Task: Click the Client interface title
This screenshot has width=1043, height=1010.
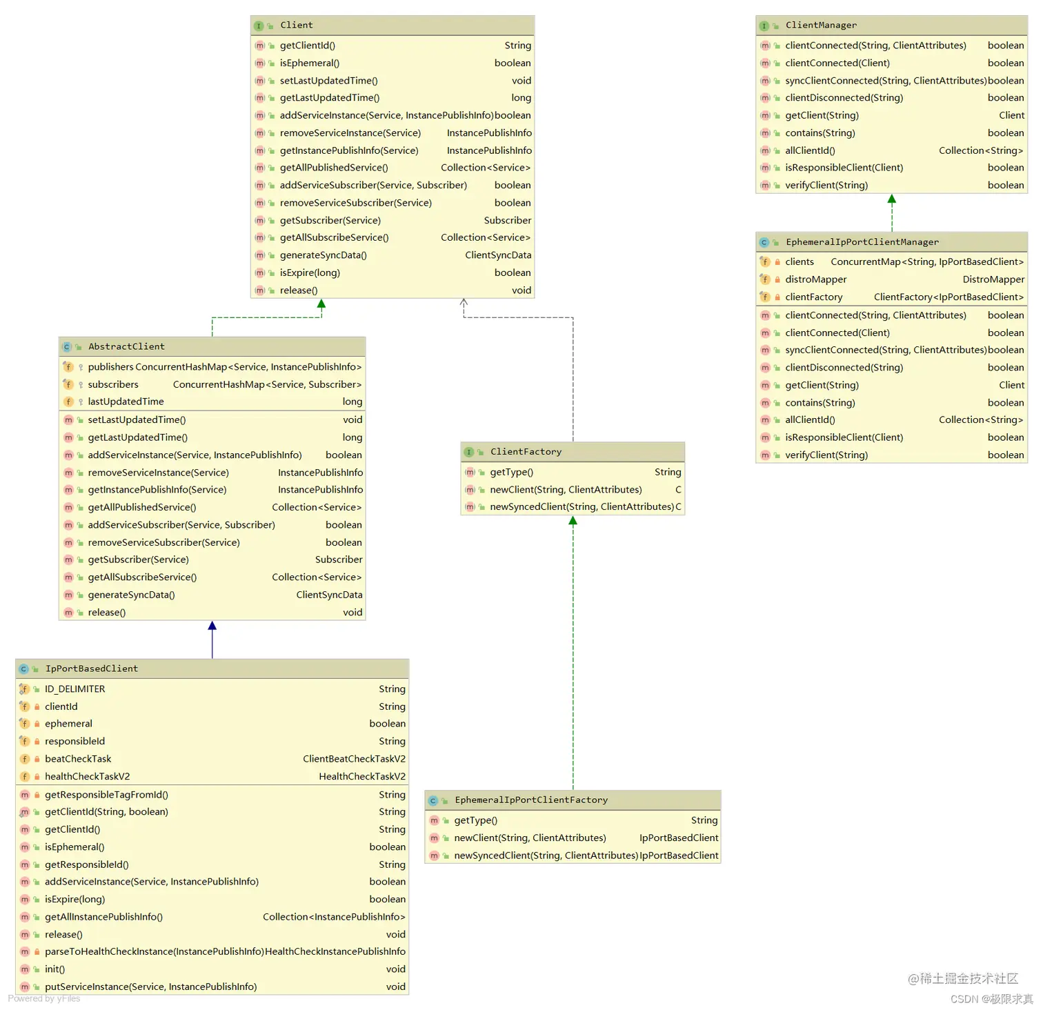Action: (x=297, y=26)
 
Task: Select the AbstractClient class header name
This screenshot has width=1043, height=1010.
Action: (x=126, y=346)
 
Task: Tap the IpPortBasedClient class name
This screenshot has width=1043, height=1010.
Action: (x=92, y=669)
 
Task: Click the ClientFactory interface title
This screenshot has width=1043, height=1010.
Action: (x=526, y=452)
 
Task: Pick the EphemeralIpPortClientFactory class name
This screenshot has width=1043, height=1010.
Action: (x=531, y=800)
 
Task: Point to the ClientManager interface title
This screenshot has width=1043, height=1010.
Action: (x=821, y=26)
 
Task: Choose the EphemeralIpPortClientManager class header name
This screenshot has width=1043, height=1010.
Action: (x=862, y=242)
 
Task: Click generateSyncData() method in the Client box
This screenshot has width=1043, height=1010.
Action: (x=324, y=255)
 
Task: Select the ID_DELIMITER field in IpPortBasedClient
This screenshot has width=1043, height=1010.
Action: (x=75, y=689)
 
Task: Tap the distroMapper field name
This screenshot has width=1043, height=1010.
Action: (x=816, y=279)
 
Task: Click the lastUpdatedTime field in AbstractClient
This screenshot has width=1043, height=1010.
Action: (x=126, y=402)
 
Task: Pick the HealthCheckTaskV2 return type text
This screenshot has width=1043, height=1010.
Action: (x=362, y=777)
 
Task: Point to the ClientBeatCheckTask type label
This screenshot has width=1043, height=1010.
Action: (x=354, y=759)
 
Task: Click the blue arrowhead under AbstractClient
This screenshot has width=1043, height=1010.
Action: (x=212, y=626)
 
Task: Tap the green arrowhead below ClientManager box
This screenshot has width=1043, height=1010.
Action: (x=892, y=199)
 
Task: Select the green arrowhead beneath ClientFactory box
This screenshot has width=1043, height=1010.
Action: (x=573, y=521)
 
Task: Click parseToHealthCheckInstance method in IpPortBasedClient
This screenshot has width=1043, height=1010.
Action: (x=155, y=952)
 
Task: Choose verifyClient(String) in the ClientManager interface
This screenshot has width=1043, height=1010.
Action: (x=826, y=186)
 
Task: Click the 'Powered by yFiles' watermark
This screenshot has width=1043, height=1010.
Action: (x=44, y=998)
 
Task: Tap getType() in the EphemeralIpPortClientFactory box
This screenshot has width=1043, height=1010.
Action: (x=475, y=820)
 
